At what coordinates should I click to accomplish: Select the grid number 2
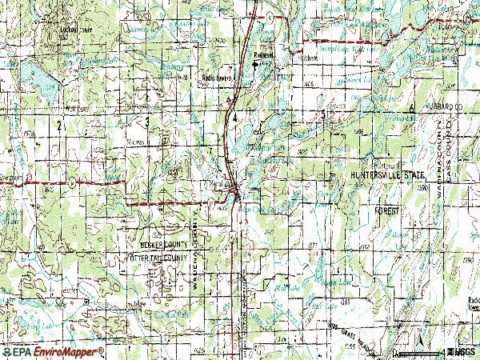(x=60, y=126)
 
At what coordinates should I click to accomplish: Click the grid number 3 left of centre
(x=147, y=121)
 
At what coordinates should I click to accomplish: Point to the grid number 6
(x=410, y=106)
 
